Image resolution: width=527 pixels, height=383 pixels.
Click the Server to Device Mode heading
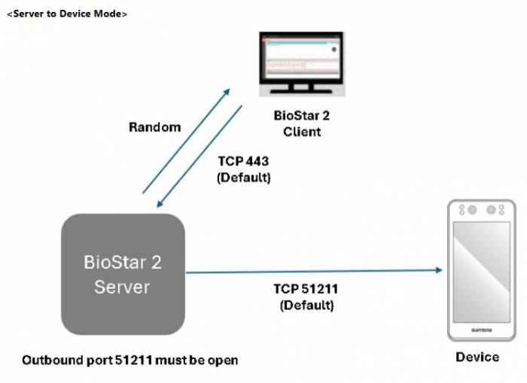(67, 14)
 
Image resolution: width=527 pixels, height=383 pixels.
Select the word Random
(155, 127)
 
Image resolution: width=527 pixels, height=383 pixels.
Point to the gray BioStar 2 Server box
(123, 274)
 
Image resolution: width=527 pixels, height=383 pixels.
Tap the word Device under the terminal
(477, 357)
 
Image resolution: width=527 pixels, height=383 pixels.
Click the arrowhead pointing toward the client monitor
(226, 90)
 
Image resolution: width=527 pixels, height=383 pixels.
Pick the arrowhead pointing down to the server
(160, 205)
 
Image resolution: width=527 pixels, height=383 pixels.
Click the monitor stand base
(301, 93)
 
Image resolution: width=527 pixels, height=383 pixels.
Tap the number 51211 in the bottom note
(135, 360)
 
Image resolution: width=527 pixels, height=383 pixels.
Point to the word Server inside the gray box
(122, 287)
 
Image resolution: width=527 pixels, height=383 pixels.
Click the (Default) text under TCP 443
(243, 178)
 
